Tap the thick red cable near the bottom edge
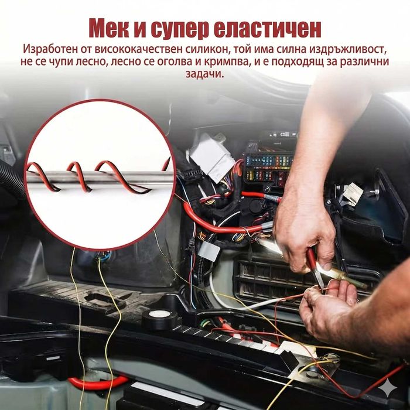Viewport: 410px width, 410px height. click(x=97, y=383)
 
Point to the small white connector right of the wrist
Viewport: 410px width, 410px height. click(x=354, y=193)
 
